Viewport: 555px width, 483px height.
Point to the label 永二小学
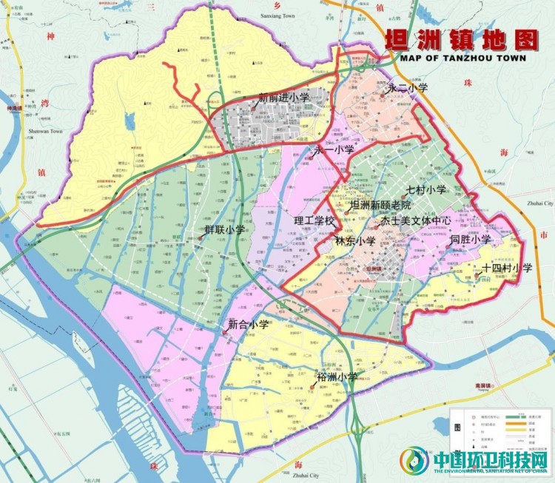pyautogui.click(x=408, y=87)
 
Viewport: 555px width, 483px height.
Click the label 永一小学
pyautogui.click(x=334, y=150)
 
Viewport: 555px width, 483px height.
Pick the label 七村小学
pyautogui.click(x=425, y=190)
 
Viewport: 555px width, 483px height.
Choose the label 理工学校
pyautogui.click(x=314, y=220)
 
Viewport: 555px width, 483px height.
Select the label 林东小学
pyautogui.click(x=355, y=240)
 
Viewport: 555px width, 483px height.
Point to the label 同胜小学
pyautogui.click(x=470, y=239)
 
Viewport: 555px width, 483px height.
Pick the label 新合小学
pyautogui.click(x=248, y=324)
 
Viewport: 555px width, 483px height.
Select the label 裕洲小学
pyautogui.click(x=337, y=376)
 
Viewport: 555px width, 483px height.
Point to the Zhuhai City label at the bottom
pyautogui.click(x=305, y=476)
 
